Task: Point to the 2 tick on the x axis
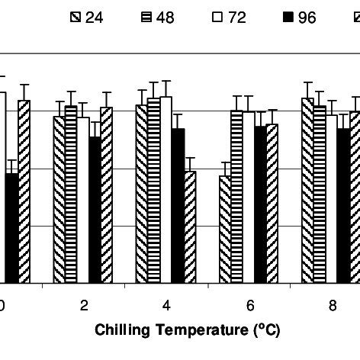click(x=83, y=305)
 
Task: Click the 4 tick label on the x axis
click(x=166, y=305)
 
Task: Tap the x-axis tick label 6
click(x=249, y=305)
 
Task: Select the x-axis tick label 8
click(x=332, y=305)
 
